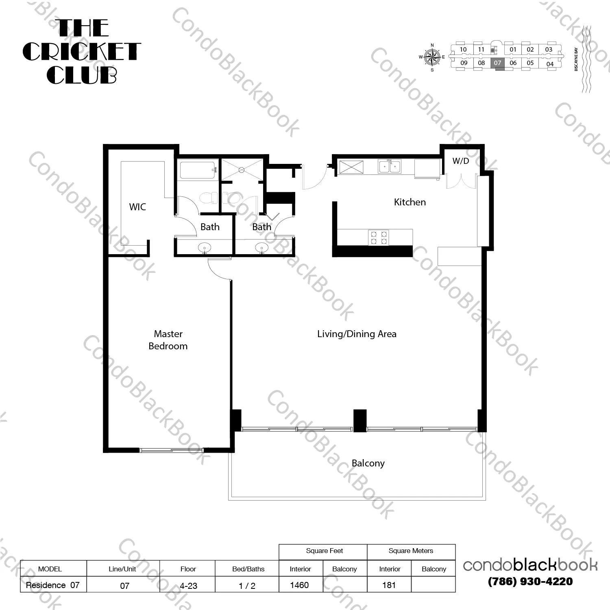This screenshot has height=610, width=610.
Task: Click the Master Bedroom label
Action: [168, 340]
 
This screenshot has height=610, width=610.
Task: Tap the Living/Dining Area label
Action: [357, 334]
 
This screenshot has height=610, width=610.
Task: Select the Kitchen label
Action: [410, 202]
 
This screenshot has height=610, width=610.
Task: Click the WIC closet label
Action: [137, 207]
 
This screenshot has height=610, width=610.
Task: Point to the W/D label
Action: [460, 161]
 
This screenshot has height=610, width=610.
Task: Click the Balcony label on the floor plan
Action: [368, 463]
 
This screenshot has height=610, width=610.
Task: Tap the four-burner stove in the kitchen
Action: [378, 237]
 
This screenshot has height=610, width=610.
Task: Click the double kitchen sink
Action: [389, 166]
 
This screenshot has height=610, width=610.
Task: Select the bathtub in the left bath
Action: [197, 170]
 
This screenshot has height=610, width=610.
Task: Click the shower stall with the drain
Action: [242, 170]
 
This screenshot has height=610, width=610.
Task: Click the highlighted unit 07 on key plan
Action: [497, 63]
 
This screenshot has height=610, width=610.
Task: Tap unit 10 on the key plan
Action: [463, 50]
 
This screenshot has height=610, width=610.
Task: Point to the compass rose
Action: [432, 57]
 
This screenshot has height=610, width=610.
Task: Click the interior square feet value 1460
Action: [299, 585]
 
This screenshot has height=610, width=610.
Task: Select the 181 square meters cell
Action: [389, 585]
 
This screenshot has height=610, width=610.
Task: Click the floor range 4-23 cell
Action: [188, 586]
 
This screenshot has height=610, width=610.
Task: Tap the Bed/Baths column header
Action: [248, 569]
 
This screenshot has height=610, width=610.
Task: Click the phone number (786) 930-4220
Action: [530, 582]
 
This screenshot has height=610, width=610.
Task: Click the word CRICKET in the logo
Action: [81, 52]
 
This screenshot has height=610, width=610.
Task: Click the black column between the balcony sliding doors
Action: [360, 420]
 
